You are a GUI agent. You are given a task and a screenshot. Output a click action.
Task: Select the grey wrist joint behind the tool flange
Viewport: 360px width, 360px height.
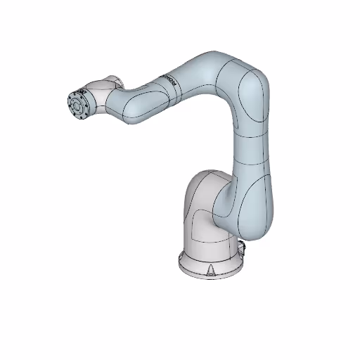point(98,99)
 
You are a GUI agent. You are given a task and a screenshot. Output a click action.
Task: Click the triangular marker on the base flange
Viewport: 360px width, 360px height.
point(212,269)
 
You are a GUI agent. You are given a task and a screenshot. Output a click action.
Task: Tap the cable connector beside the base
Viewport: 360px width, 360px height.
point(243,247)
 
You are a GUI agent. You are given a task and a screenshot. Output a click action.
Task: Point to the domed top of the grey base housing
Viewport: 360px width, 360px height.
point(207,179)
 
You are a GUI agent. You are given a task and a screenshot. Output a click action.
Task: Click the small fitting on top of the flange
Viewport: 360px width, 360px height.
point(81,90)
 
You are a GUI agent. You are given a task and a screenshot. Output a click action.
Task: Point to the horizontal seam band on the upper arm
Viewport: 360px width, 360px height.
point(250,133)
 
